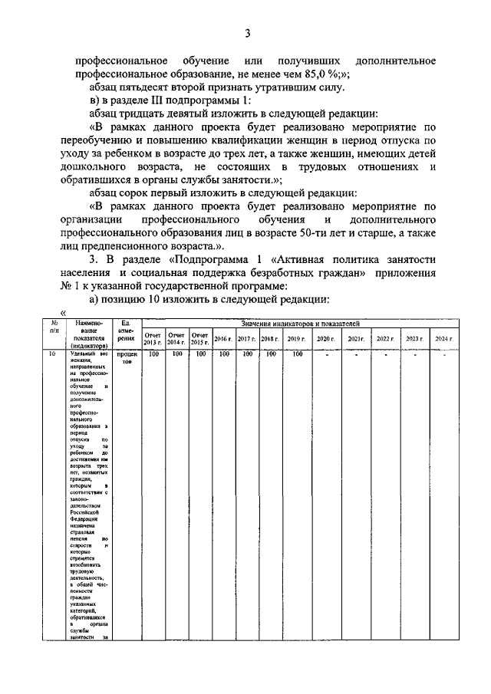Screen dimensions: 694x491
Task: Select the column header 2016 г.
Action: (x=224, y=338)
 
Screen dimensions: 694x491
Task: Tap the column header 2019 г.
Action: (x=296, y=338)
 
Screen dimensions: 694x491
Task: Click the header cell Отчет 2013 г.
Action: (x=153, y=338)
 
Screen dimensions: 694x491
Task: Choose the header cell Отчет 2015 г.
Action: (x=200, y=338)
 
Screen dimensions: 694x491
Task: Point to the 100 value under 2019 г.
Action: (x=297, y=354)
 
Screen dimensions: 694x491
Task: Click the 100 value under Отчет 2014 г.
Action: (x=176, y=354)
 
